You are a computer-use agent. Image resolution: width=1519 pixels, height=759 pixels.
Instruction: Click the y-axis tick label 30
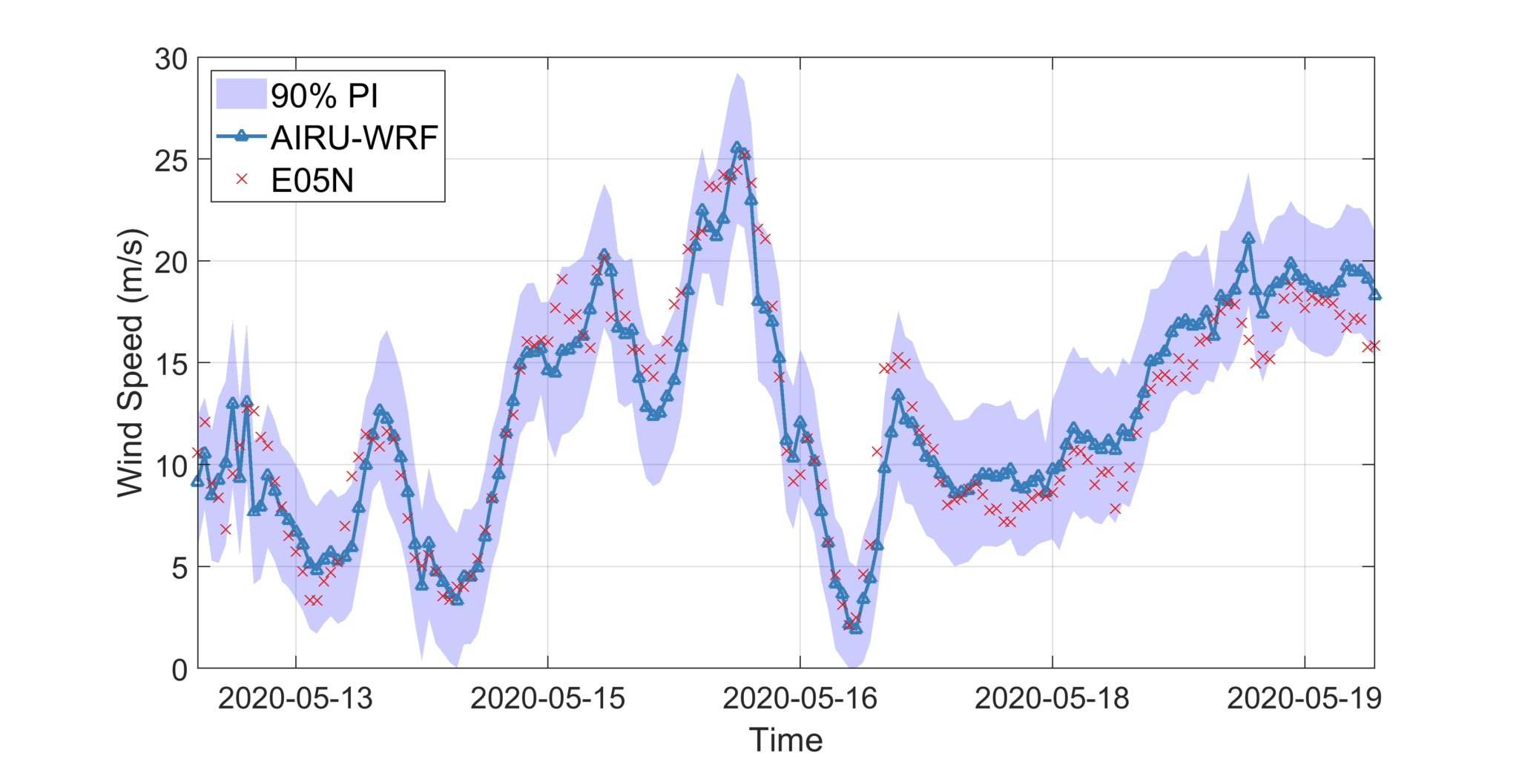coord(171,59)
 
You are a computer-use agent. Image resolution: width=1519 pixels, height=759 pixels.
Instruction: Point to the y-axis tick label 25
coord(171,161)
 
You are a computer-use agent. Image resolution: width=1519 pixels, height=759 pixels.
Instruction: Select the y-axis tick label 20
coord(171,262)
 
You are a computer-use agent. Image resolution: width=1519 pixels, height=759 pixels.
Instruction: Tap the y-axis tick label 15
coord(171,364)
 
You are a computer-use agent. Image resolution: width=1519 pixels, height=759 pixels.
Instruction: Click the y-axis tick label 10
coord(171,466)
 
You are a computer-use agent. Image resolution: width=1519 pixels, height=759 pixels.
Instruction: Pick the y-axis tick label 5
coord(179,568)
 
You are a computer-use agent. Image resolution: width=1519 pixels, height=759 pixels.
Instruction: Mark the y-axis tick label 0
coord(179,669)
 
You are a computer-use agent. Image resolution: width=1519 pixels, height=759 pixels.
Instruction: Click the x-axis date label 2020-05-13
coord(295,698)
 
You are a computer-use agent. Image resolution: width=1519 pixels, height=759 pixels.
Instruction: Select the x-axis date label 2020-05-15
coord(547,698)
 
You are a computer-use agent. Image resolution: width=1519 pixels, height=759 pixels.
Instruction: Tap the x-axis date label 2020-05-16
coord(800,698)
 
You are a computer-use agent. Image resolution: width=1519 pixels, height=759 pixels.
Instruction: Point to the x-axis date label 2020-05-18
coord(1052,698)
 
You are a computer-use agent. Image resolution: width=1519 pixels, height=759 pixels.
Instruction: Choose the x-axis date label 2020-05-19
coord(1304,698)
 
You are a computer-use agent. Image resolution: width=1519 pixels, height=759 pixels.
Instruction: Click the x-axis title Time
coord(785,740)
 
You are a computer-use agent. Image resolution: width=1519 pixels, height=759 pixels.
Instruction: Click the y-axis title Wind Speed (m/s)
coord(131,363)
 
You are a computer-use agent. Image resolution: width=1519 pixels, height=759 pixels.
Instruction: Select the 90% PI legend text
coord(324,96)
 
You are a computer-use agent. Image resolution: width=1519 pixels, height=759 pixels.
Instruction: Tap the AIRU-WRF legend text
coord(355,137)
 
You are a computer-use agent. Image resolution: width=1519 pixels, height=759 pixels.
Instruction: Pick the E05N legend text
coord(312,180)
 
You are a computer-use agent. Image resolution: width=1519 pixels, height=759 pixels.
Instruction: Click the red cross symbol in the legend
coord(241,179)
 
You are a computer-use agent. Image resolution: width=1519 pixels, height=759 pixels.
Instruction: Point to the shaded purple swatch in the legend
coord(241,95)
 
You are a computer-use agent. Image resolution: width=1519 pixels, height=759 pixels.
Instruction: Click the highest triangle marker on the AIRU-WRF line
coord(737,148)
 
